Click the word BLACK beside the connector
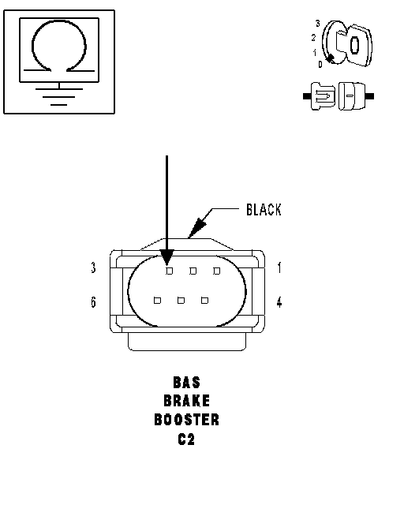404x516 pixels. click(264, 210)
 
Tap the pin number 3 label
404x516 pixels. click(93, 267)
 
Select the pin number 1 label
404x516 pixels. click(279, 267)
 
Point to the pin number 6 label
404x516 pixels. click(93, 301)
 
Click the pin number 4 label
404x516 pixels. click(279, 301)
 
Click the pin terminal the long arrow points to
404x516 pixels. click(169, 271)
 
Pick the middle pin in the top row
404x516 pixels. click(193, 271)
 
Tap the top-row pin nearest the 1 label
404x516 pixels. click(217, 271)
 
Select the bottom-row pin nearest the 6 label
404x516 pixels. click(157, 300)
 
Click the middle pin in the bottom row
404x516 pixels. click(181, 300)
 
